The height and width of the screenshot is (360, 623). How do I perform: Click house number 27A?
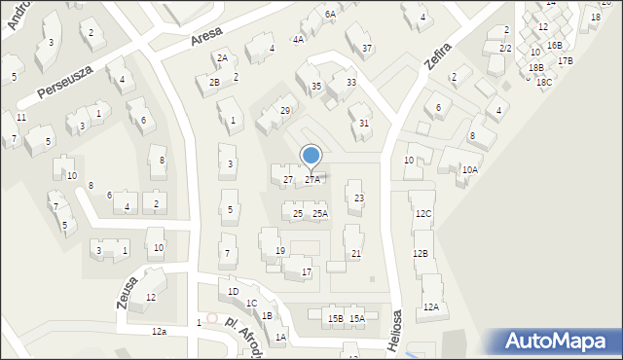[312, 180]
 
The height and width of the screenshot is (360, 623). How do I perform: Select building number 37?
[366, 49]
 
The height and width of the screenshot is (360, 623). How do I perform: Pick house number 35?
[316, 88]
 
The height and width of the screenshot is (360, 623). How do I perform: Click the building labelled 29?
[285, 111]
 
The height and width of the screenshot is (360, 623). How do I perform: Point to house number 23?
[359, 198]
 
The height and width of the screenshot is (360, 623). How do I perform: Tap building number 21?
[356, 254]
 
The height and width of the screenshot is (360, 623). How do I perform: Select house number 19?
[280, 252]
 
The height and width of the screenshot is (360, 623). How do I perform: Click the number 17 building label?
[307, 272]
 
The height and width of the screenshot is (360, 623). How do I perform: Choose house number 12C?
[422, 214]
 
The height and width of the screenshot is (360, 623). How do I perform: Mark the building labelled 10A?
[470, 170]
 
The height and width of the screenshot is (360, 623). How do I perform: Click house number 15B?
[335, 319]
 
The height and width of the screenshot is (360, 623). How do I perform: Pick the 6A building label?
[330, 15]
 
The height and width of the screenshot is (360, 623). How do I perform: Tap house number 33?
[351, 83]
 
